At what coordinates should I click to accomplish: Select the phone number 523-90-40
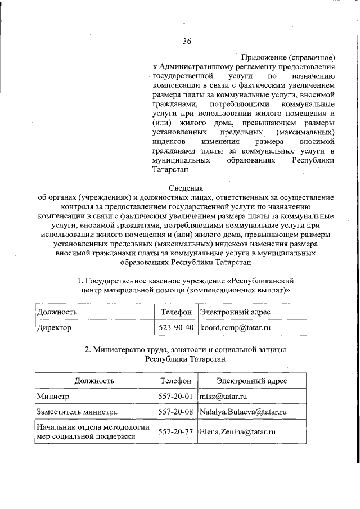point(177,326)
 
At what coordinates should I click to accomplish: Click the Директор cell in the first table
point(55,326)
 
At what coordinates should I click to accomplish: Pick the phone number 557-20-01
point(177,396)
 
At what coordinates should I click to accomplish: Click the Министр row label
point(53,396)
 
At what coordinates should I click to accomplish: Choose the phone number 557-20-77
point(177,431)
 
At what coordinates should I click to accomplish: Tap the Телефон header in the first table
point(177,312)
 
